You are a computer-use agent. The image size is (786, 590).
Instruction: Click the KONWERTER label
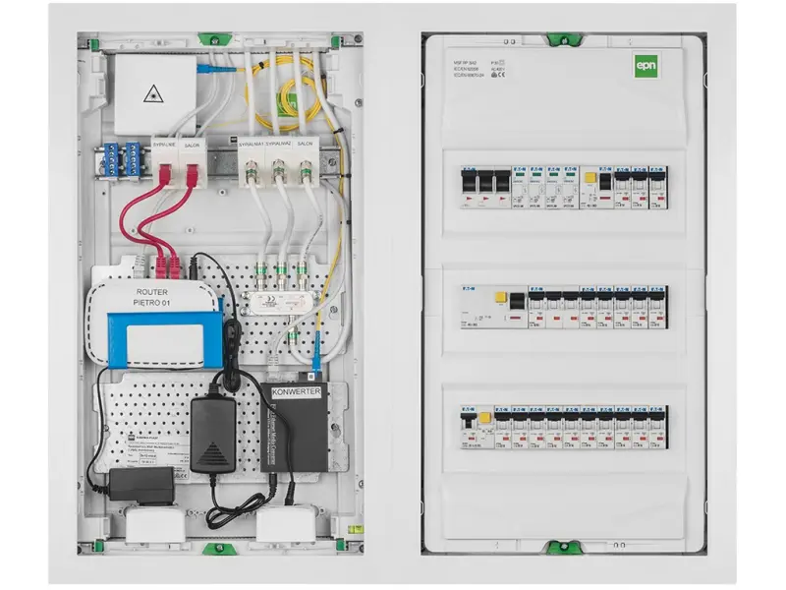coord(297,391)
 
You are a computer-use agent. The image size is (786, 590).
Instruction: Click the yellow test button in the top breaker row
coord(589,181)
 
